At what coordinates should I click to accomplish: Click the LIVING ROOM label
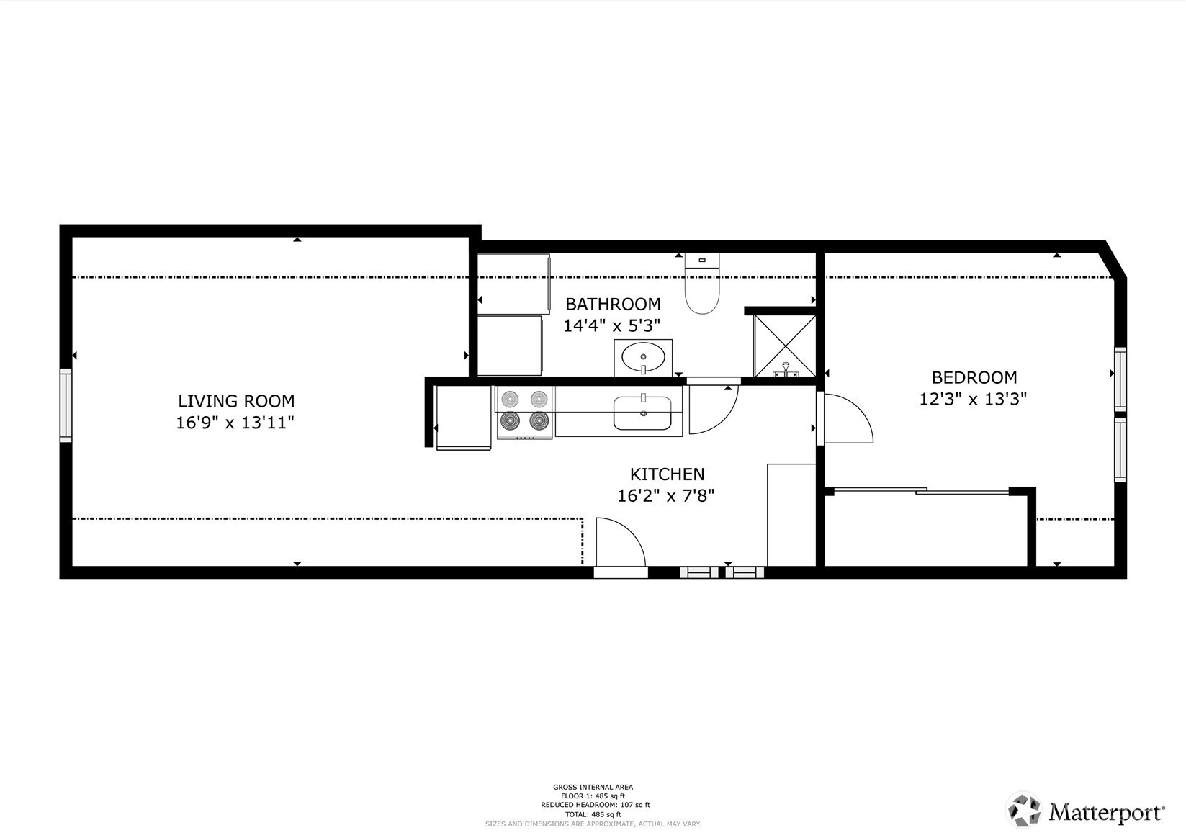tap(236, 401)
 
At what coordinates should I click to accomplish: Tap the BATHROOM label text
tap(613, 305)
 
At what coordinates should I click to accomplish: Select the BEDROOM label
tap(974, 377)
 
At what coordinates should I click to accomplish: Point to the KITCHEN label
tap(667, 474)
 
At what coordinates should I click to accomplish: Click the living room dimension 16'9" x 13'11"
tap(235, 423)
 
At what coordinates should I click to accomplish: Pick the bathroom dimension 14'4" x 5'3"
tap(611, 325)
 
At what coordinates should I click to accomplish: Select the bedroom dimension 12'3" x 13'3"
tap(973, 399)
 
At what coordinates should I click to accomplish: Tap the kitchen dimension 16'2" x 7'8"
tap(666, 495)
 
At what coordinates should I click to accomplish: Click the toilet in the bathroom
tap(702, 283)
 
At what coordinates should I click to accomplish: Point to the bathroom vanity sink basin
tap(643, 357)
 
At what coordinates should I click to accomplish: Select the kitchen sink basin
tap(642, 413)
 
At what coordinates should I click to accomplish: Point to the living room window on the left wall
tap(66, 405)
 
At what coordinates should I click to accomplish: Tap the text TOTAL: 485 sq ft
tap(593, 815)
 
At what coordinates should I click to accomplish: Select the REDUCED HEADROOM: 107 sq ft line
tap(595, 805)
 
